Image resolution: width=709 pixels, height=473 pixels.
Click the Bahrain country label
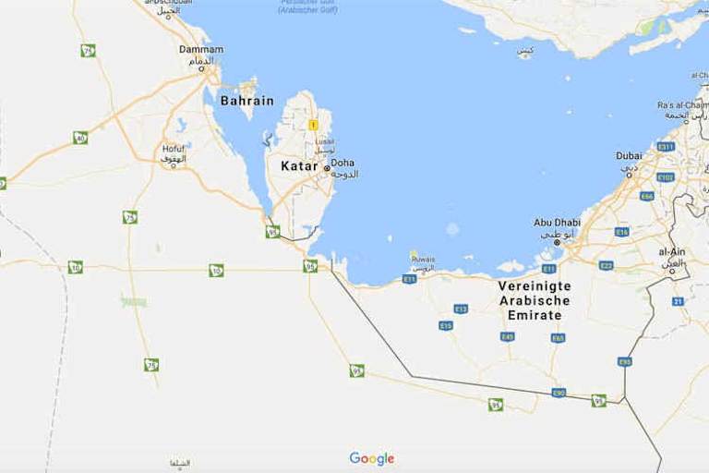click(x=246, y=101)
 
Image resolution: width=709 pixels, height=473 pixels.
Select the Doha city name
click(x=342, y=163)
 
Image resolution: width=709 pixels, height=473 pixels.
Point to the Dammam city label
click(x=201, y=49)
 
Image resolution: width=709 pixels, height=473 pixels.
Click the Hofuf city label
click(x=174, y=148)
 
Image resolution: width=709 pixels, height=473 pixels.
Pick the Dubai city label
click(x=629, y=156)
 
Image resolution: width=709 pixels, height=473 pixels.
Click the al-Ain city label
click(x=671, y=251)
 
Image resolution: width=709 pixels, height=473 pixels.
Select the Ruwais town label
click(x=424, y=260)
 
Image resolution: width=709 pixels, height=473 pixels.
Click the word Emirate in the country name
click(x=535, y=315)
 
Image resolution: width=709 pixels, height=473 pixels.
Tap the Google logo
click(x=371, y=459)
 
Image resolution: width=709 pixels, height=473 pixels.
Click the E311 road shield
click(x=666, y=147)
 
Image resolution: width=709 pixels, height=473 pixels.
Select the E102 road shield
click(x=665, y=176)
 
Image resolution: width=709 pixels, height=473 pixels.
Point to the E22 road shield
click(x=606, y=265)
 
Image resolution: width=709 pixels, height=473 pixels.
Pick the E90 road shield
click(x=559, y=393)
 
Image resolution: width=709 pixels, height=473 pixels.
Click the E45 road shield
click(x=508, y=336)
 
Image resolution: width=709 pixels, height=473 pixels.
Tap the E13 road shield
click(x=461, y=309)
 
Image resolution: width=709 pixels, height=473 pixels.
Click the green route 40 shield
click(x=80, y=138)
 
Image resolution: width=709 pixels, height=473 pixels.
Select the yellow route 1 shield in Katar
click(x=313, y=125)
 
